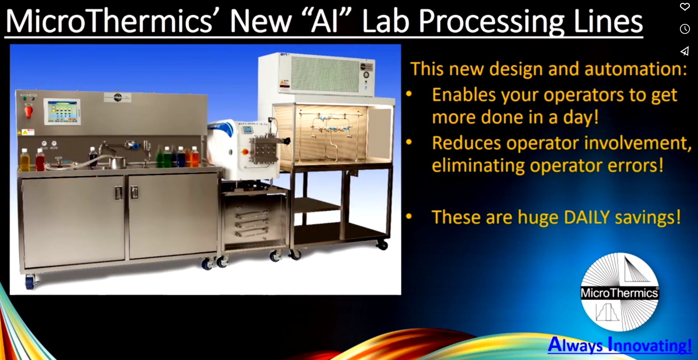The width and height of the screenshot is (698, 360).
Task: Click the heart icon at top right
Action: pos(685,7)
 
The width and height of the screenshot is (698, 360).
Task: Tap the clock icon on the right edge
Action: pos(685,29)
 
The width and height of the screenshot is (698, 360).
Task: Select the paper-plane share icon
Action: pos(685,51)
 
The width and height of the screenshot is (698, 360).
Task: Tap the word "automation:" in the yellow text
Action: pos(636,69)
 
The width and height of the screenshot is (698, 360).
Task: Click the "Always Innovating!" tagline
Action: pos(620,345)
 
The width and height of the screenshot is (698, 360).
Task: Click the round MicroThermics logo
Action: pos(620,292)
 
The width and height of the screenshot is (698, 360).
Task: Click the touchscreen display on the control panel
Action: pos(62,111)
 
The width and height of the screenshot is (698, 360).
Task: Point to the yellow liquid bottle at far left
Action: pos(25,161)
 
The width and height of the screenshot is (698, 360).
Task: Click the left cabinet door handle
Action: pos(118,193)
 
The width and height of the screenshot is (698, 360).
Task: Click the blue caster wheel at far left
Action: pos(29,282)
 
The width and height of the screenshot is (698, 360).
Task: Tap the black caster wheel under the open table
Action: pos(382,244)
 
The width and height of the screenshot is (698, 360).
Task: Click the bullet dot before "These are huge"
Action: pos(409,216)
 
